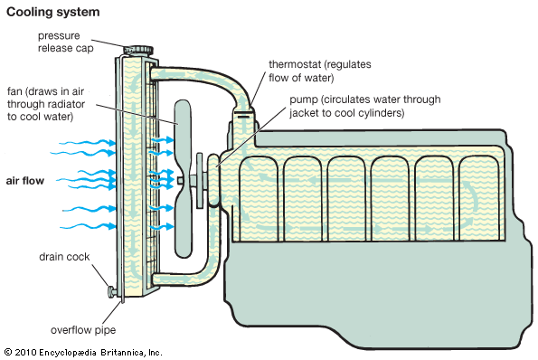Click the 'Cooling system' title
click(53, 13)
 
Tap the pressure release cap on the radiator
click(138, 50)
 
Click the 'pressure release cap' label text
click(65, 42)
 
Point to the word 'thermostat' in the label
click(295, 64)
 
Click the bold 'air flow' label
click(25, 181)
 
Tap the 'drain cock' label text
click(64, 257)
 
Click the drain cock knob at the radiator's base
click(112, 292)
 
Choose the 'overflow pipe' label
click(83, 330)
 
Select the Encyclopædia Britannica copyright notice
click(82, 353)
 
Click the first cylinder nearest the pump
click(259, 199)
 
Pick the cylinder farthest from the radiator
click(478, 198)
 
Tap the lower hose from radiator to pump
click(192, 275)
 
